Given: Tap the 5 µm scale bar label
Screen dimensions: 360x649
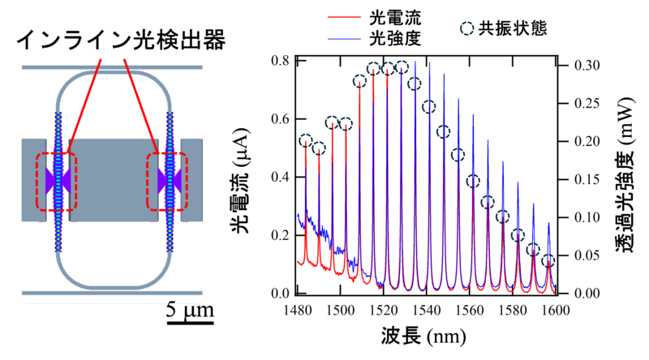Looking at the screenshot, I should [189, 309].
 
